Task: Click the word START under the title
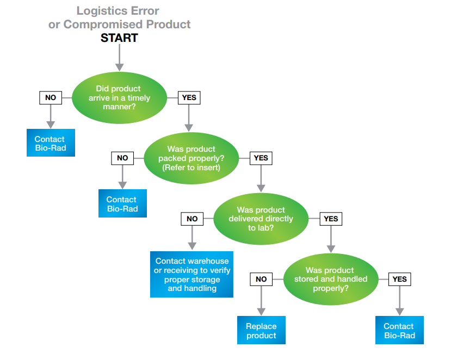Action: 119,38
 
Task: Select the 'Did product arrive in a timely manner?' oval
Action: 119,98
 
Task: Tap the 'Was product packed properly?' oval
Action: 191,158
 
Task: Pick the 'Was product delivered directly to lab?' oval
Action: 261,219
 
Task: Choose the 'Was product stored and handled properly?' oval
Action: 330,279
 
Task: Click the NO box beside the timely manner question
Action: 50,98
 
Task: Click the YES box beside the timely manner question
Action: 189,98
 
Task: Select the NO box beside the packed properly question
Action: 122,158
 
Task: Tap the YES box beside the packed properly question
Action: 261,158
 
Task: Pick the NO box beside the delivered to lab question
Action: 192,219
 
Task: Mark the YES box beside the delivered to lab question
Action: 330,219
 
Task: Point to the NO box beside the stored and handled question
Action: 261,279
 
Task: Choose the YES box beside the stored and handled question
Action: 399,279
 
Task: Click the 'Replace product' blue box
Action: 261,331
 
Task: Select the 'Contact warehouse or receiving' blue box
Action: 192,275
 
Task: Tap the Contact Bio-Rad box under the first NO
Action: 50,144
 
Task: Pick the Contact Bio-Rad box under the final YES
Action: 399,331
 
